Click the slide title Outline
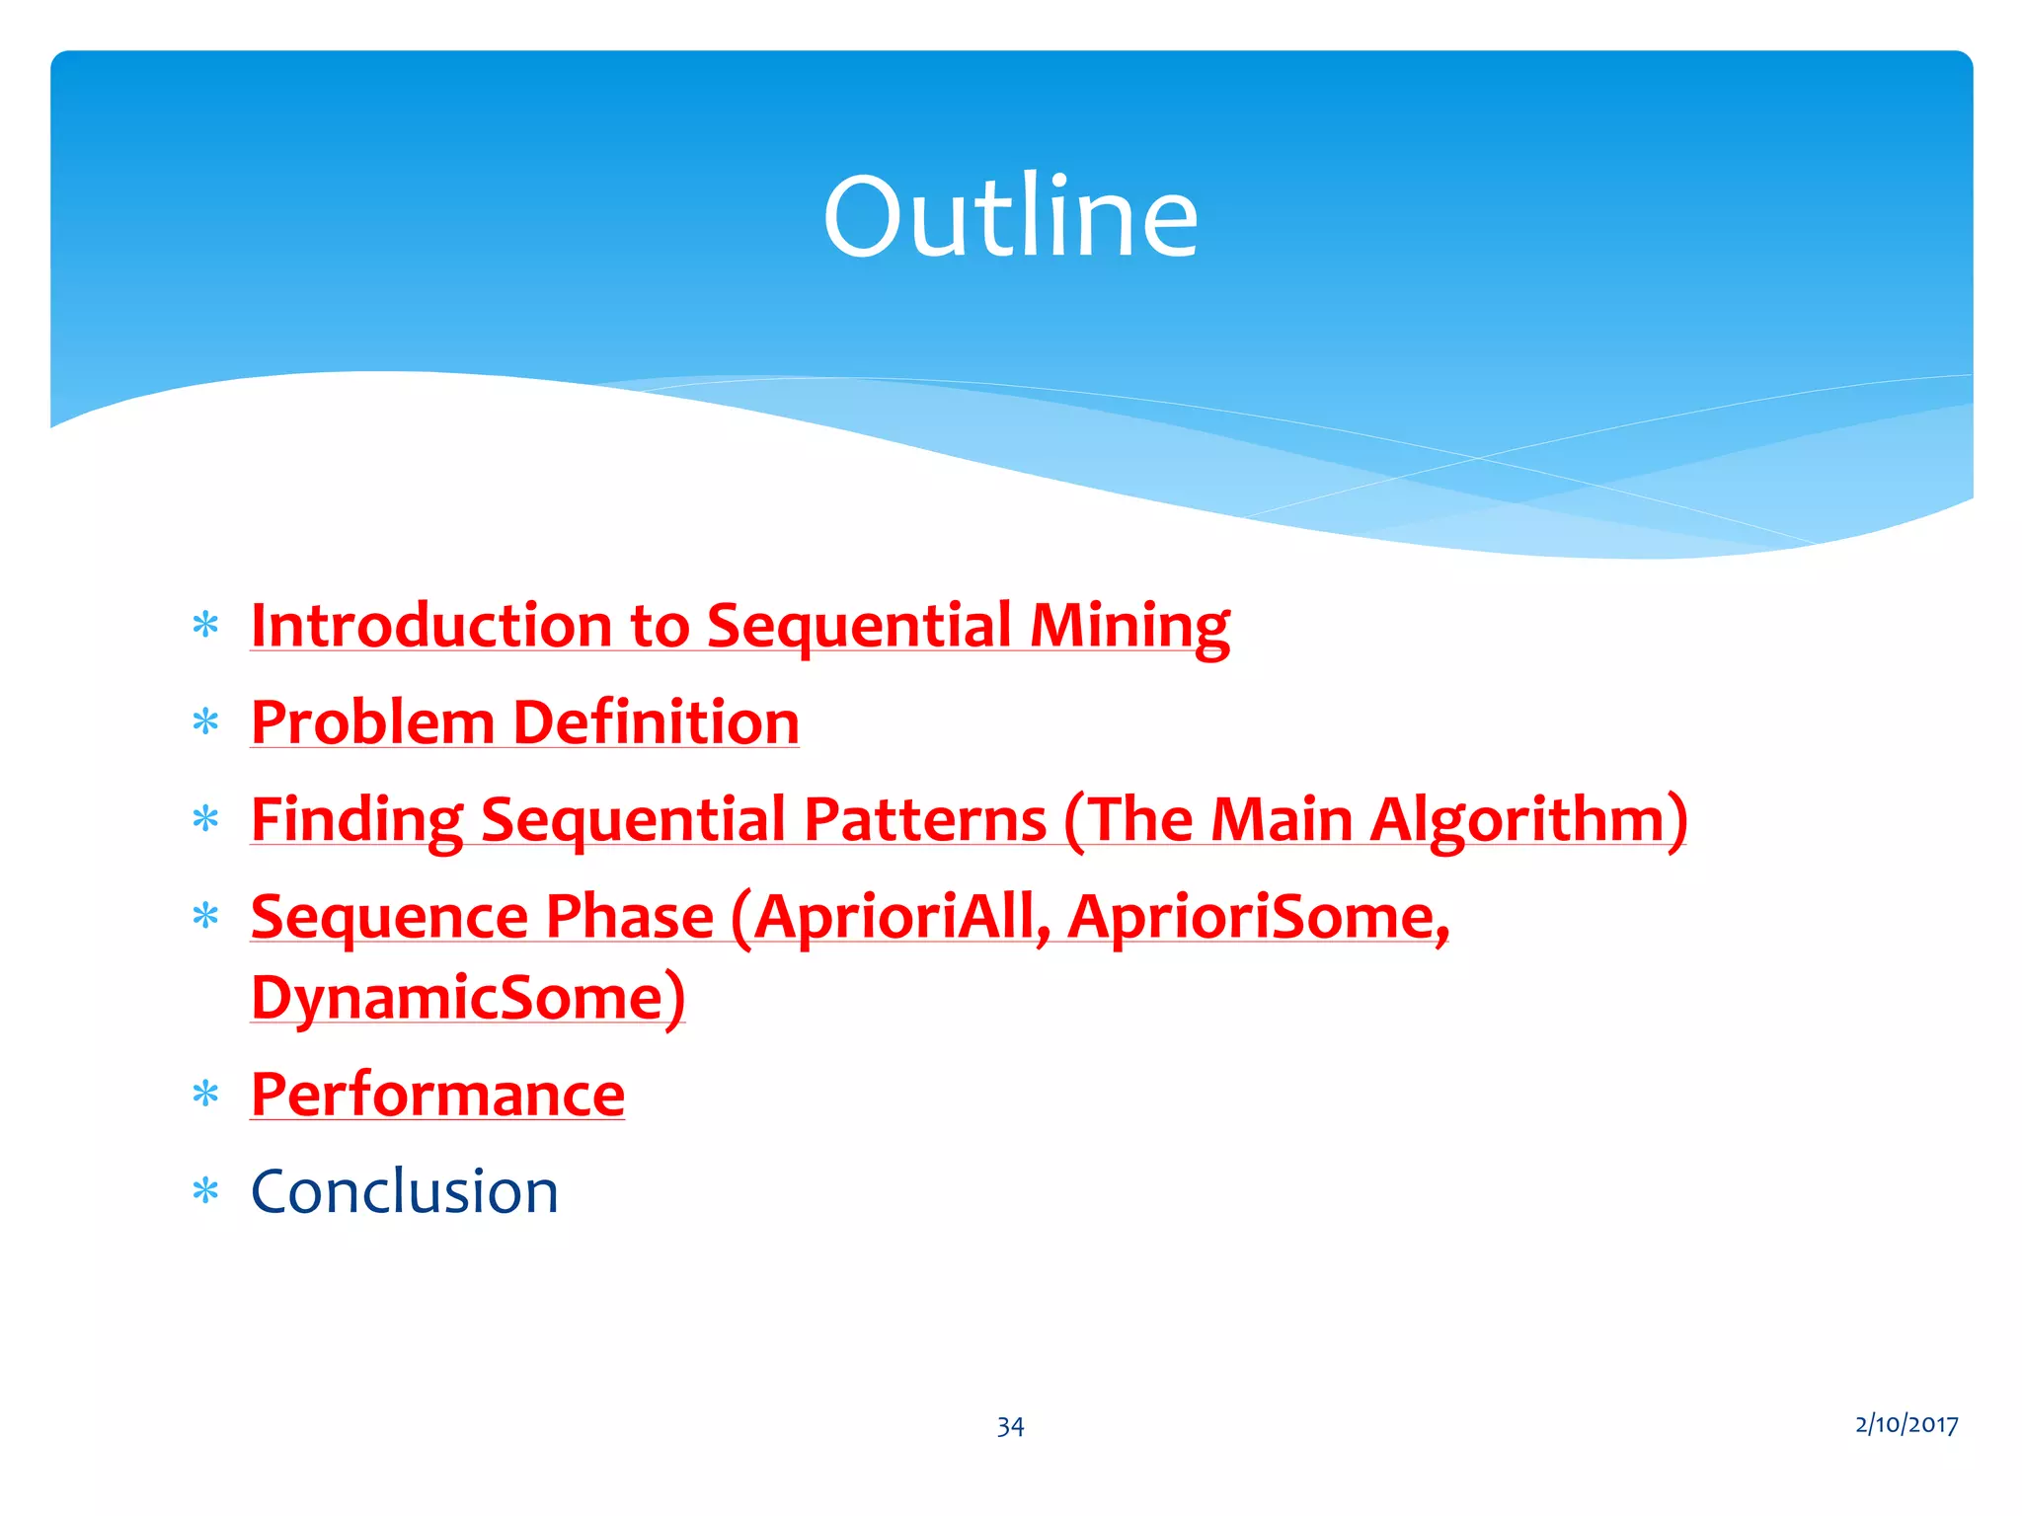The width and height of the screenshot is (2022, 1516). point(1010,216)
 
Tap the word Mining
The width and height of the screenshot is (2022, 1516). point(1129,626)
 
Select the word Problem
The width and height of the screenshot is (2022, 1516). point(372,722)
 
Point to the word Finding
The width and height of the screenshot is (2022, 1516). point(356,820)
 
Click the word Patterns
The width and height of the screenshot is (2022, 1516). point(925,820)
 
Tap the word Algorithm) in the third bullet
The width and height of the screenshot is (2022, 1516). point(1529,820)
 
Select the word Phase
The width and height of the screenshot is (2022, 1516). point(629,917)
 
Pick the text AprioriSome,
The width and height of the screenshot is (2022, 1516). point(1259,917)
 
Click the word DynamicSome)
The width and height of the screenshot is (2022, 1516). point(468,998)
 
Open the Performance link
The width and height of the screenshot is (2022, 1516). point(437,1095)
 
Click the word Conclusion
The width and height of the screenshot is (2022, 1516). point(405,1191)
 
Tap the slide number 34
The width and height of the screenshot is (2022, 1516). point(1010,1426)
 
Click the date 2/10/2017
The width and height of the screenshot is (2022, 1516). point(1905,1424)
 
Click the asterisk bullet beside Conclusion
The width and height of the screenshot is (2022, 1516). point(205,1191)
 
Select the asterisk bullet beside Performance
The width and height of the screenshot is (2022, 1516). point(205,1095)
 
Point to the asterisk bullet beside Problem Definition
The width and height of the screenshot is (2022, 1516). point(205,723)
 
